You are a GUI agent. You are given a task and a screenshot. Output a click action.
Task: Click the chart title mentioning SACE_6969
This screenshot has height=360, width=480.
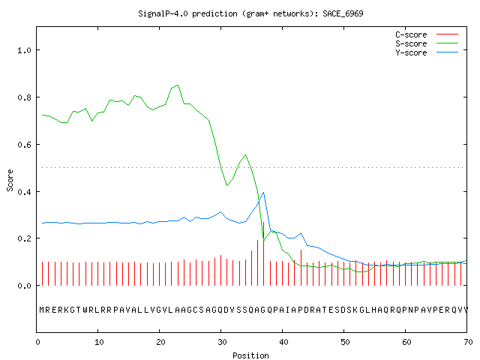[250, 13]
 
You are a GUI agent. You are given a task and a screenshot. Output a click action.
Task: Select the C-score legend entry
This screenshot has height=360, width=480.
[427, 34]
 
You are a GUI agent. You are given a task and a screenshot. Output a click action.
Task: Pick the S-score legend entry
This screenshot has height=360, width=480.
[427, 43]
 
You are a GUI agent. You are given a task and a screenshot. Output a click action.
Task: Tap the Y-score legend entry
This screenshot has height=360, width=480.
[427, 52]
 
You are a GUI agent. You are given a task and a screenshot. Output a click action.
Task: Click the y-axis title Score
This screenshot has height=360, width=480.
[10, 180]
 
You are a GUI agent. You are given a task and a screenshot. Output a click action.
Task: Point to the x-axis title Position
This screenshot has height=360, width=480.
[250, 355]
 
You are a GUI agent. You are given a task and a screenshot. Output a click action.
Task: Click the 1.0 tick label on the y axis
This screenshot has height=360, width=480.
[25, 50]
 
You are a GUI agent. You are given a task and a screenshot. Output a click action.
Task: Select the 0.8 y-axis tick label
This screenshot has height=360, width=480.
[25, 97]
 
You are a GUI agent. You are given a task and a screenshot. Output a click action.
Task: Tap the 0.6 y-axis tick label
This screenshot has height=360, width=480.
[25, 145]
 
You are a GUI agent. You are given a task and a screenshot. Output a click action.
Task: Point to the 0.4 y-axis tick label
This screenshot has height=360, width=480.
[25, 192]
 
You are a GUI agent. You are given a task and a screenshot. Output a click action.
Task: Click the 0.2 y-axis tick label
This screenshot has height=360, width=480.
[25, 238]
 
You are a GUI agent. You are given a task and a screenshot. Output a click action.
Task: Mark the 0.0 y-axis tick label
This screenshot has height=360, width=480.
[25, 286]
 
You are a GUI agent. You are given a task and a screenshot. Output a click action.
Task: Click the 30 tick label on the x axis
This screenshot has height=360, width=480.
[222, 342]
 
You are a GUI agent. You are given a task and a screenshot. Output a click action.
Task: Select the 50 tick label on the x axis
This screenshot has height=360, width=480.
[345, 342]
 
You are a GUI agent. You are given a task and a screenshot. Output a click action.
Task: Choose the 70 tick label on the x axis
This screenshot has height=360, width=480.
[468, 342]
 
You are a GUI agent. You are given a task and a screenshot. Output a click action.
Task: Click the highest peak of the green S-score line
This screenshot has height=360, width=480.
[178, 85]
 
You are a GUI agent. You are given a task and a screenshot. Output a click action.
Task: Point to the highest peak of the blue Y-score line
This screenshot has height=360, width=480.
[263, 193]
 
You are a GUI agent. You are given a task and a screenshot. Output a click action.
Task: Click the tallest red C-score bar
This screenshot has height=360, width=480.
[263, 253]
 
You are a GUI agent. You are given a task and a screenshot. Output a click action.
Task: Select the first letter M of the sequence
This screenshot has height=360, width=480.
[42, 310]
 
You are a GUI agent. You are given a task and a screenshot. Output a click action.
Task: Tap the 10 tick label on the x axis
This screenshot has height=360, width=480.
[99, 342]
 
